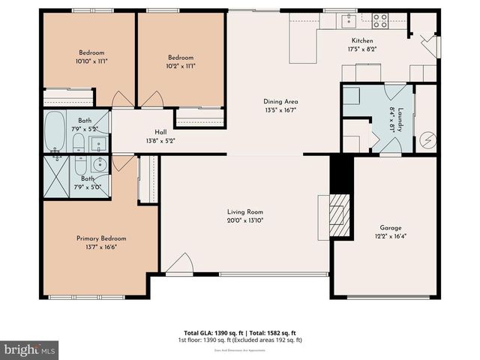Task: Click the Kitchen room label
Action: coord(362,40)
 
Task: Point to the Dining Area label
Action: coord(281,101)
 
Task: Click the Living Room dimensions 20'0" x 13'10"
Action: coord(244,220)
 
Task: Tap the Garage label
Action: coord(390,228)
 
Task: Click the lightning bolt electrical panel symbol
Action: coord(427,140)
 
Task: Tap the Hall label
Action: coord(160,132)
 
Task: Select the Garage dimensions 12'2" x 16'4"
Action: coord(390,236)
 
